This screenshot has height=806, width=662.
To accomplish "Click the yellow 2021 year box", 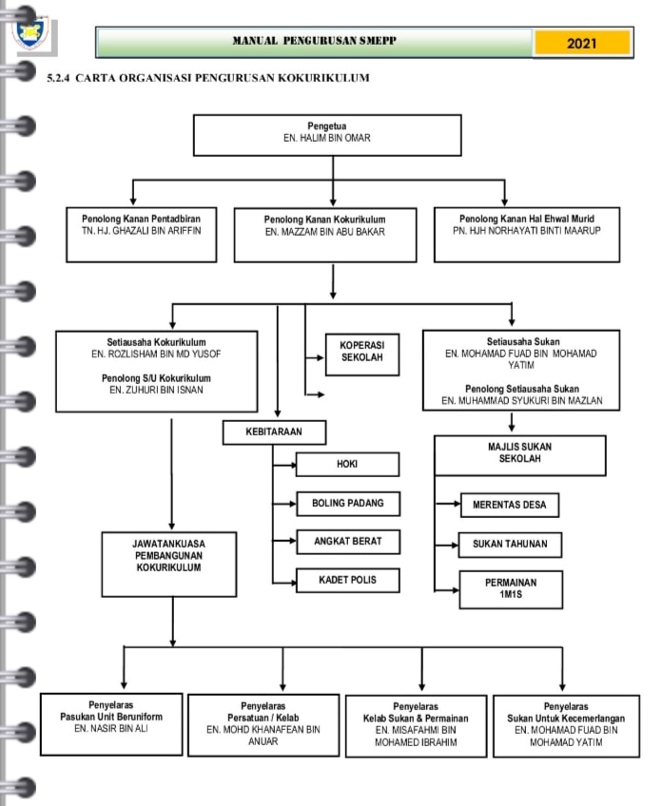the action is (x=582, y=43).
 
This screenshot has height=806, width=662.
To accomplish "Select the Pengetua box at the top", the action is (x=327, y=135).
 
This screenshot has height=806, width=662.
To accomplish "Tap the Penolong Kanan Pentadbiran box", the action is (x=141, y=235).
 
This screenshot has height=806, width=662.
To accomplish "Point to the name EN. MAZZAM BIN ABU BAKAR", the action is (x=325, y=232).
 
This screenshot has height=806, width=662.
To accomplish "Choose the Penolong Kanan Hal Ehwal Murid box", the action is (x=527, y=235).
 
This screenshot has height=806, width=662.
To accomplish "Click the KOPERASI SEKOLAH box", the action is (x=362, y=355).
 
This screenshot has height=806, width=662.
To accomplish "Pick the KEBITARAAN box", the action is (x=274, y=432).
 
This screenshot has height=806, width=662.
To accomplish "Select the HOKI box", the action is (x=347, y=464).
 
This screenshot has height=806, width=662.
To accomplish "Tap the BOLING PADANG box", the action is (x=348, y=504).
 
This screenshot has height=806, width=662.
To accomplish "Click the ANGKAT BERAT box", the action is (x=348, y=542).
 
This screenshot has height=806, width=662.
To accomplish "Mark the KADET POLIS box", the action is (x=348, y=581).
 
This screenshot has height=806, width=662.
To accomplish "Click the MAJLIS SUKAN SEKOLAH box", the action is (x=520, y=455).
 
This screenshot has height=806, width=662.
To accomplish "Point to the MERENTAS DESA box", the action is (x=509, y=506).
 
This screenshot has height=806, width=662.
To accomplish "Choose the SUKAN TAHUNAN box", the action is (x=510, y=545).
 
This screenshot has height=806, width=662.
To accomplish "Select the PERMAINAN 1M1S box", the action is (x=511, y=589).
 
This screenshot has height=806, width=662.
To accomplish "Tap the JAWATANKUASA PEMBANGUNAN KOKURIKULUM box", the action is (x=169, y=565).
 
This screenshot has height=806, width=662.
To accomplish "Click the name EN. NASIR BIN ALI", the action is (x=111, y=728).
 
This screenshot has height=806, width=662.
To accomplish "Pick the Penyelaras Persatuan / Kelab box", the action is (x=263, y=725).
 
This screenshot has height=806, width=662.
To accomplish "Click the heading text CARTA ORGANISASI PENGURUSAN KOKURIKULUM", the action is (x=223, y=78).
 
